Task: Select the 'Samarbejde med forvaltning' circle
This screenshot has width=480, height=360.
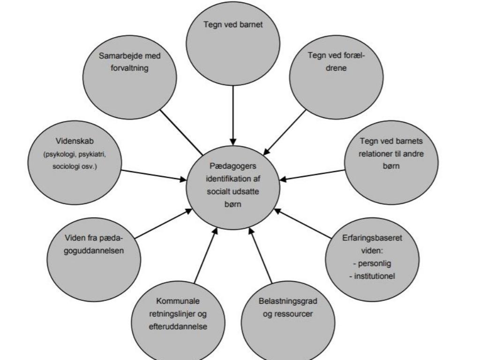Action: pyautogui.click(x=130, y=75)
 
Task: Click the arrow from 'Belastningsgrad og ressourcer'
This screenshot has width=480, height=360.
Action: pyautogui.click(x=261, y=255)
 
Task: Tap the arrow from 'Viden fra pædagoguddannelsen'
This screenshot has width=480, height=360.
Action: pyautogui.click(x=162, y=225)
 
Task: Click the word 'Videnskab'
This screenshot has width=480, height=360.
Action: pyautogui.click(x=75, y=141)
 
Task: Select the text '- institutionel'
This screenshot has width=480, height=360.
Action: pyautogui.click(x=372, y=276)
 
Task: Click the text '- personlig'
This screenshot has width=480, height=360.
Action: pyautogui.click(x=372, y=263)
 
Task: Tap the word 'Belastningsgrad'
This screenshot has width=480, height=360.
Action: pyautogui.click(x=288, y=300)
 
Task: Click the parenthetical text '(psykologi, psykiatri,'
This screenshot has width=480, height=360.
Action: pyautogui.click(x=75, y=155)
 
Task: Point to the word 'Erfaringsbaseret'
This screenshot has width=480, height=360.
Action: pyautogui.click(x=372, y=238)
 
